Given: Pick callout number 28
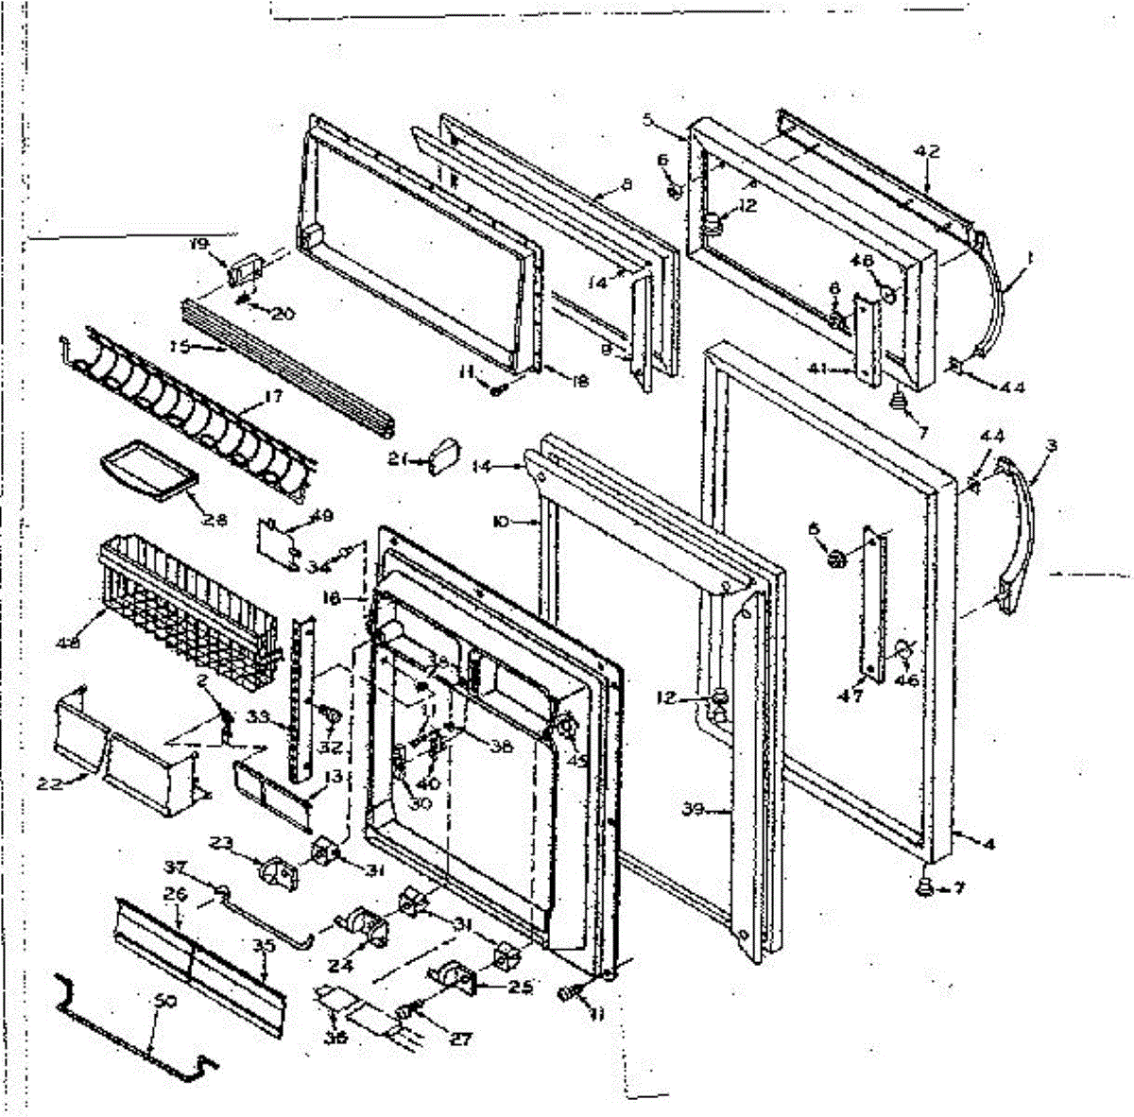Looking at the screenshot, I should click(x=215, y=518).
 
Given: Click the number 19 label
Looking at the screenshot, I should click(x=198, y=244).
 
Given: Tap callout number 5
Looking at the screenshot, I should click(x=648, y=119).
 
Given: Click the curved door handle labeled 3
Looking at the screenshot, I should click(x=1019, y=534).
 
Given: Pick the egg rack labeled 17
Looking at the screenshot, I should click(x=189, y=416).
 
